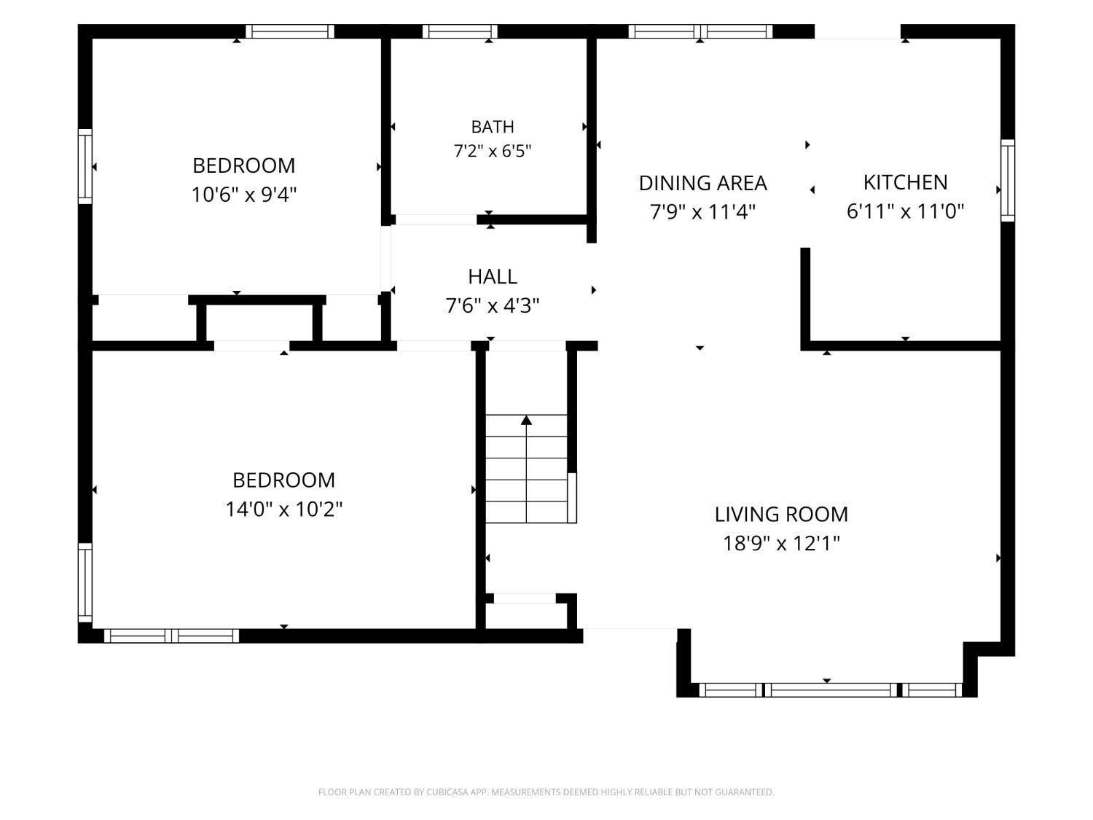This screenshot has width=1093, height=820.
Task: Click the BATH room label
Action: (x=492, y=127)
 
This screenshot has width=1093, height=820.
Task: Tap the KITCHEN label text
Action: (x=905, y=183)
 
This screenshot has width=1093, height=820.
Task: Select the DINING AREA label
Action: (x=702, y=183)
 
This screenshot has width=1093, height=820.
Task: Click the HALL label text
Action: (x=492, y=277)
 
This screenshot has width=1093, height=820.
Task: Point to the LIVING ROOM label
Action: (x=781, y=515)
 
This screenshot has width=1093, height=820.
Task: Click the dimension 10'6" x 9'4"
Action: (x=243, y=195)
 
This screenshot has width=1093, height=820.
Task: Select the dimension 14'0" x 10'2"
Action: (x=284, y=509)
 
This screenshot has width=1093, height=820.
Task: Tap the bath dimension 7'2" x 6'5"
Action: (x=492, y=150)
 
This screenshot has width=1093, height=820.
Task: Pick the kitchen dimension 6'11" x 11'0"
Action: (x=905, y=211)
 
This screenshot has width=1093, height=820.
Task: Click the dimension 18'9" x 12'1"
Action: (x=781, y=543)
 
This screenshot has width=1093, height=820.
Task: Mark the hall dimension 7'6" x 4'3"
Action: (x=492, y=305)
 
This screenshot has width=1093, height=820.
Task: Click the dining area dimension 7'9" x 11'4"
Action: (x=702, y=212)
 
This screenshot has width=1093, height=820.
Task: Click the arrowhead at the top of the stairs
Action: (x=526, y=421)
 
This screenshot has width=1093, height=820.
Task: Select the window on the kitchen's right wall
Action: (x=1007, y=180)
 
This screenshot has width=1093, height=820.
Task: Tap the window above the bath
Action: (x=460, y=31)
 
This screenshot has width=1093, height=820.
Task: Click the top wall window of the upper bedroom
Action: (x=290, y=31)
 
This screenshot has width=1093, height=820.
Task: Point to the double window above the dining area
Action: (x=700, y=31)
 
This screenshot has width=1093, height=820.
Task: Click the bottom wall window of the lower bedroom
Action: (x=171, y=636)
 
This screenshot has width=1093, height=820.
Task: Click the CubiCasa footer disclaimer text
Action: (x=546, y=792)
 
